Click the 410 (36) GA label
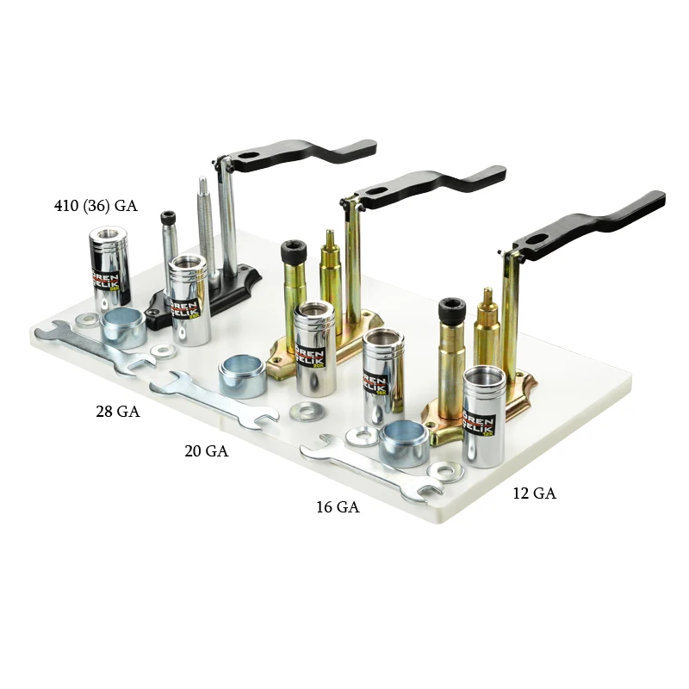95,207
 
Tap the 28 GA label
117,412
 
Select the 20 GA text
206,450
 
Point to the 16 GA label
337,507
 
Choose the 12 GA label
533,493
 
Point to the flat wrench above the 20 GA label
215,399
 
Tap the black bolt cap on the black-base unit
170,217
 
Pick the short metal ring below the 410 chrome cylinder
123,327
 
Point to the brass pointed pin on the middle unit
330,267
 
